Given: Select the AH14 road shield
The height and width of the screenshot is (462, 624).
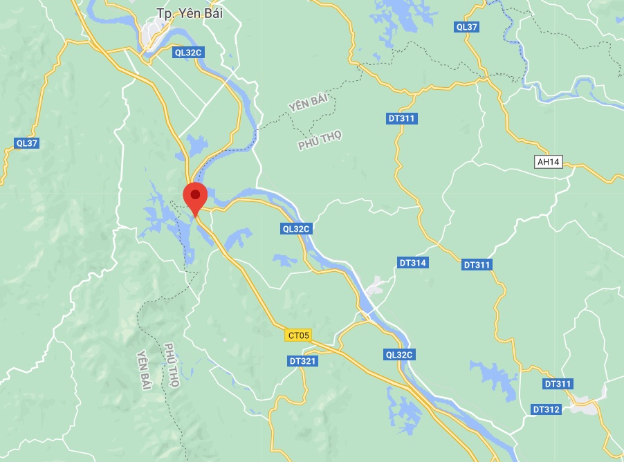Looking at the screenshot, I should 549,162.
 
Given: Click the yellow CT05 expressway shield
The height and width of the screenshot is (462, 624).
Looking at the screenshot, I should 298,335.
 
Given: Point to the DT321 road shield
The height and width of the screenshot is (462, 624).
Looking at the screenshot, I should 302,361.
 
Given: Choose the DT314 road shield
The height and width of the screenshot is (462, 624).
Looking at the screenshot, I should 413,263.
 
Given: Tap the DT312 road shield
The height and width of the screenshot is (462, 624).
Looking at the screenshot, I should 546,409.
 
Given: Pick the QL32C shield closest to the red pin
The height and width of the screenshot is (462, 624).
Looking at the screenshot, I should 297,228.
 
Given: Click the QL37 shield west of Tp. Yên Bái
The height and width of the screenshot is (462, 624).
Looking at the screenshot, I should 26,143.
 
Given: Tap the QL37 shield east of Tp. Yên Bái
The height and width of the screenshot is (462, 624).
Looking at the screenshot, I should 467,27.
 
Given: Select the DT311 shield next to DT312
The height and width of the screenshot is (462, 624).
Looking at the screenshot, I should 558,384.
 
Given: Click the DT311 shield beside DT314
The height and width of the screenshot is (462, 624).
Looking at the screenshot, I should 477,265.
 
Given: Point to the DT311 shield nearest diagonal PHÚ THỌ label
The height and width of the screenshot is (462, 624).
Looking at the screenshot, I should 402,118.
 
